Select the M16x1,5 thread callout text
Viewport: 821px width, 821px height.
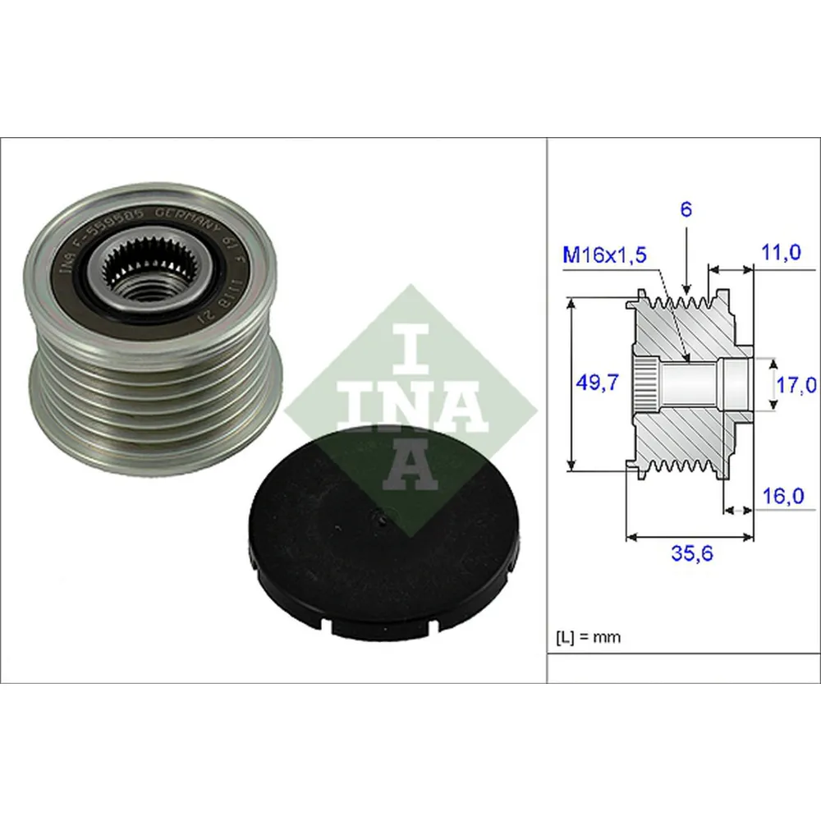coord(605,255)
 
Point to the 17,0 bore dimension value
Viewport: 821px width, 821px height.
coord(796,384)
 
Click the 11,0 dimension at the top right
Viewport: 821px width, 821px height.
coord(780,254)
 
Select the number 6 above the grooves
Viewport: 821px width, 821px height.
coord(686,209)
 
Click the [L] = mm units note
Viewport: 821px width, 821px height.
coord(589,636)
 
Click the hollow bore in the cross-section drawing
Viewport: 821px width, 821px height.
coord(690,383)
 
